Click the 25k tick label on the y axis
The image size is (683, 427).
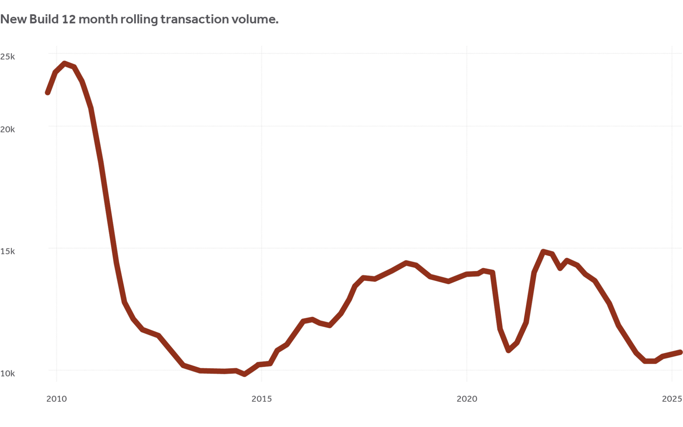coord(7,57)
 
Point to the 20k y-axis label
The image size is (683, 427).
coord(7,129)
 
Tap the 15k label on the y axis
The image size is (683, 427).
coord(7,251)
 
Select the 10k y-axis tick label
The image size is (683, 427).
coord(7,373)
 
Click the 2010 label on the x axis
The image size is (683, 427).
coord(56,399)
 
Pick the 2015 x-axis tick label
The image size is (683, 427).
coord(262,399)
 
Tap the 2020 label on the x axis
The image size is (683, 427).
coord(467,399)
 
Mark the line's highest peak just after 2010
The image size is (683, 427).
coord(65,63)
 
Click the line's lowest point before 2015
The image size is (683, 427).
coord(245,375)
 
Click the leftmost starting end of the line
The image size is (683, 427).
coord(48,93)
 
